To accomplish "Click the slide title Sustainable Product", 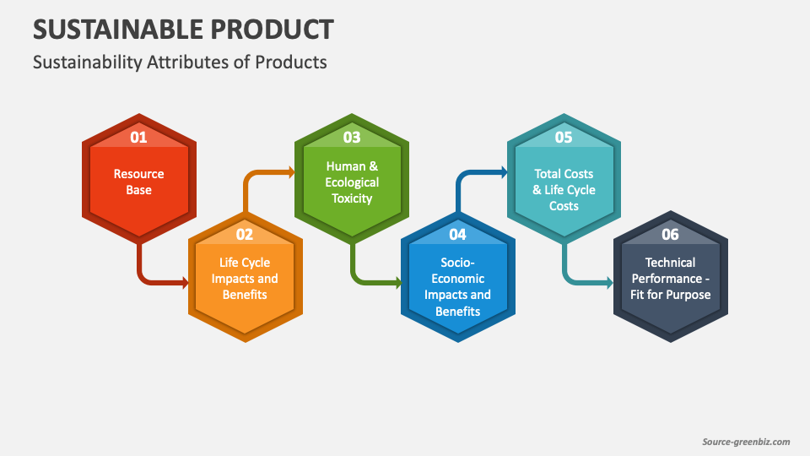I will coord(183,30).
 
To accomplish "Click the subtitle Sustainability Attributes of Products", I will coord(180,62).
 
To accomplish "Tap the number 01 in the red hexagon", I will coord(138,137).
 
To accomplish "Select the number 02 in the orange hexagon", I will coord(245,234).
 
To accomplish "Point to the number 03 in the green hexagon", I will coord(351,137).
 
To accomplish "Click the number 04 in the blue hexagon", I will coord(457,234).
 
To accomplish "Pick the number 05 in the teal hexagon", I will coord(564,137).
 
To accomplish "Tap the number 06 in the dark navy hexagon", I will coord(670,234).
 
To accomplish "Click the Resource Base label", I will coord(139,182).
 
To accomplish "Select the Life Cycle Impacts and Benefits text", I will coord(245,279).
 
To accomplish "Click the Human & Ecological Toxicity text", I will coord(352,182).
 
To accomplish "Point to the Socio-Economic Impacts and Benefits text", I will coord(457,287).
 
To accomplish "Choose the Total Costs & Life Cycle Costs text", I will coord(564,190).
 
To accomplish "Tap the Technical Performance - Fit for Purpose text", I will coord(671,279).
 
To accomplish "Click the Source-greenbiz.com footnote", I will coord(746,442).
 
